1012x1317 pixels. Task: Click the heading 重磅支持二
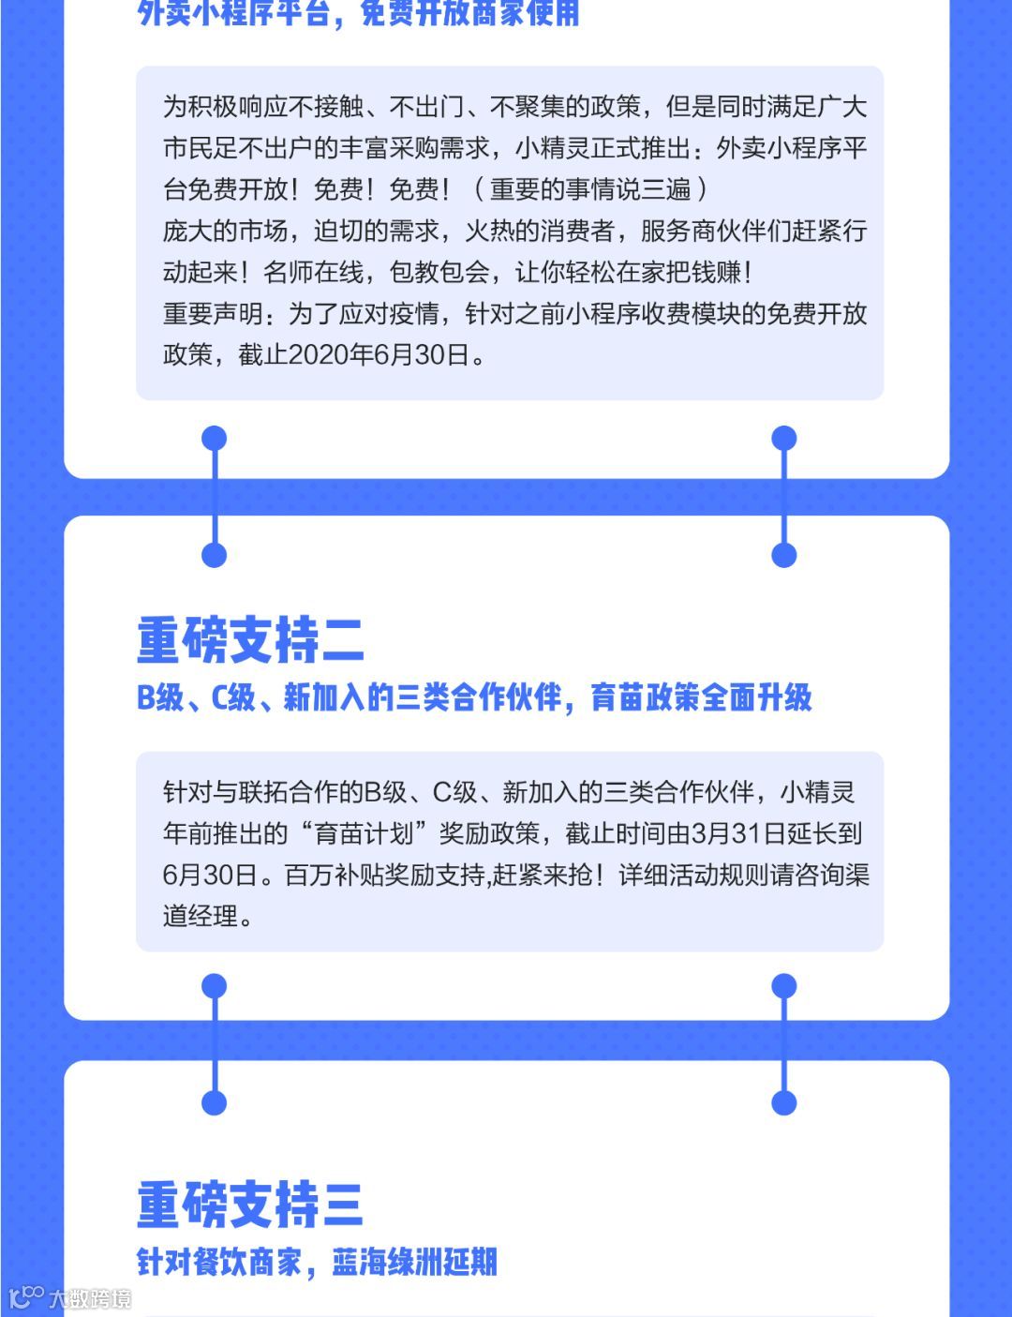(x=250, y=640)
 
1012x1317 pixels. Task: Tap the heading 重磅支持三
(x=250, y=1205)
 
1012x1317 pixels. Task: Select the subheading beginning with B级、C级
(x=474, y=697)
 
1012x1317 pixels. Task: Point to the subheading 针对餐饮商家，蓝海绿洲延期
(x=317, y=1262)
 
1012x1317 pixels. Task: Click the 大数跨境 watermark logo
(x=69, y=1298)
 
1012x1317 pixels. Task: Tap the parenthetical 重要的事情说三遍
(x=590, y=190)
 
